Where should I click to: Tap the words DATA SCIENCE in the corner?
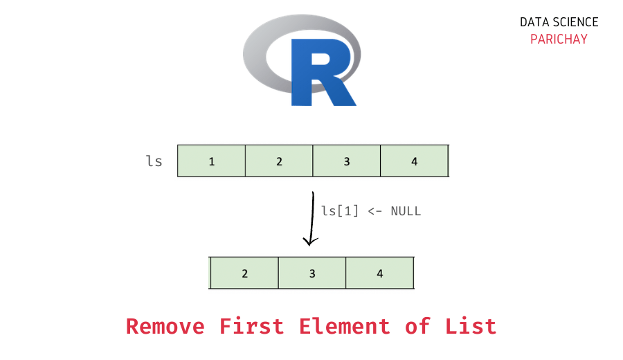pos(559,22)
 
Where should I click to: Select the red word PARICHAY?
pos(559,39)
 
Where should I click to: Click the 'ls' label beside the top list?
pos(154,161)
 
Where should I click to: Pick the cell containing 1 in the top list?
pos(212,161)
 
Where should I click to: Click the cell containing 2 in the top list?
pos(279,161)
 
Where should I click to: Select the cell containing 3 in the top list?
pos(347,161)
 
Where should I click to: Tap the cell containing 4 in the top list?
pos(414,161)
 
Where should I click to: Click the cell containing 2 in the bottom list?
pos(244,273)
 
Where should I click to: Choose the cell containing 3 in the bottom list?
pos(312,273)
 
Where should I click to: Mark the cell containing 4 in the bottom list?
pos(379,273)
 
